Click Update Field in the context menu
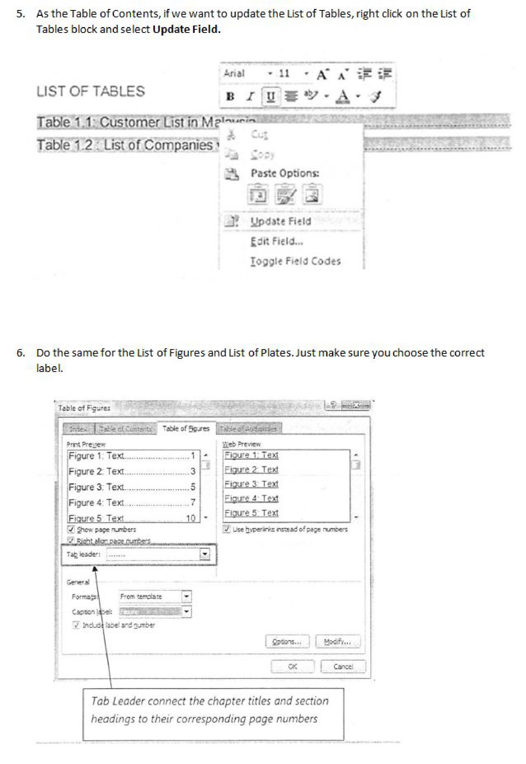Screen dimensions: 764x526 [280, 221]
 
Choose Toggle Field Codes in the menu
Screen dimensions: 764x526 [295, 261]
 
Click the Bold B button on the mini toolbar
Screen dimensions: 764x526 [230, 96]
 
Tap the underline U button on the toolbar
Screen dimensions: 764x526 [271, 96]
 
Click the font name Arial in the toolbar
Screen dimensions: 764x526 [234, 73]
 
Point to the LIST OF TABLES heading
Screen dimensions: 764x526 [91, 91]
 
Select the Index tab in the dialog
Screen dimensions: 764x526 [78, 429]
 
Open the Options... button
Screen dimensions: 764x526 [287, 642]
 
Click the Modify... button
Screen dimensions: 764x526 [337, 642]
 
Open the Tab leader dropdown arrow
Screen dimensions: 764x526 [205, 554]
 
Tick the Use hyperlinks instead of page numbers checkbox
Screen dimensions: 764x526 [226, 529]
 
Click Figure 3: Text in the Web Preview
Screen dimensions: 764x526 [251, 484]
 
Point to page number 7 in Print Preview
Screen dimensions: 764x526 [193, 502]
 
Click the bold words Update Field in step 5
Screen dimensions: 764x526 [186, 29]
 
